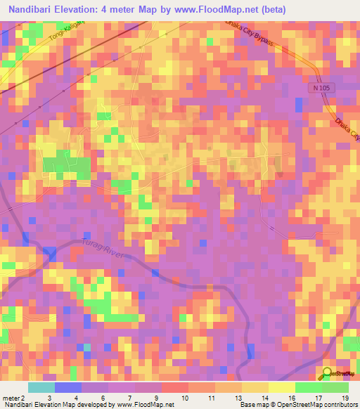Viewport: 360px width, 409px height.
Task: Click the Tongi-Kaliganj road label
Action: [65, 38]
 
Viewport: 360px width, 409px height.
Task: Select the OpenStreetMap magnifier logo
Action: [328, 372]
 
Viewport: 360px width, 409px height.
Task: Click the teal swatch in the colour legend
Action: [41, 387]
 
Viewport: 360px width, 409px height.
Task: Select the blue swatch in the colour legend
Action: [68, 387]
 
